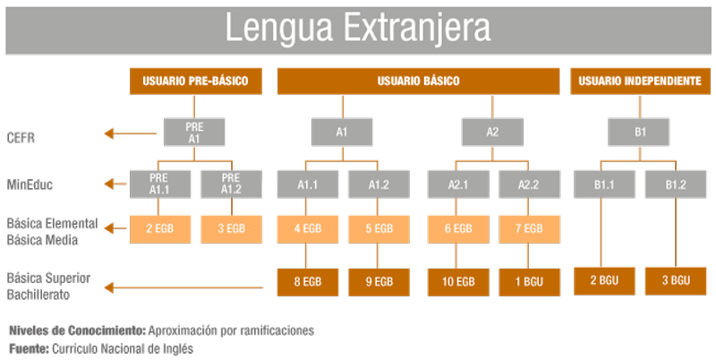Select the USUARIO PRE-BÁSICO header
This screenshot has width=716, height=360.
coord(194,81)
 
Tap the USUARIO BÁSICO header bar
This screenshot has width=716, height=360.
coord(418,81)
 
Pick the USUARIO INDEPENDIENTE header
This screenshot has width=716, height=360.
coord(640,81)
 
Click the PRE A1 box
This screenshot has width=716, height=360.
coord(194,133)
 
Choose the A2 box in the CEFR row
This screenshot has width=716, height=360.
coord(492,133)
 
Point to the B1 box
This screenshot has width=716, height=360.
coord(641,133)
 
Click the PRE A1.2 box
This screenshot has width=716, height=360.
coord(231,184)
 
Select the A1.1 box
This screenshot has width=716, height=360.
coord(308,184)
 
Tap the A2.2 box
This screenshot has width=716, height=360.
coord(529,184)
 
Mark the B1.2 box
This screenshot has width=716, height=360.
coord(676,184)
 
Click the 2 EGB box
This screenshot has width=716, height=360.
coord(159,229)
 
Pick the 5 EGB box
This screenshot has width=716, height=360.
coord(379,229)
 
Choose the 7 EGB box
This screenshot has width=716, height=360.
coord(529,229)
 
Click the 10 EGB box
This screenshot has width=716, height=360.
coord(456,281)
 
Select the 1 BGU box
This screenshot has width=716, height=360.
coord(529,281)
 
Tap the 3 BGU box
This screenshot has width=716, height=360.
coord(676,281)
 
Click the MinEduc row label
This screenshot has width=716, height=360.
coord(30,184)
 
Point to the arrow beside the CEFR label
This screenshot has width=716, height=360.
coord(117,134)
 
